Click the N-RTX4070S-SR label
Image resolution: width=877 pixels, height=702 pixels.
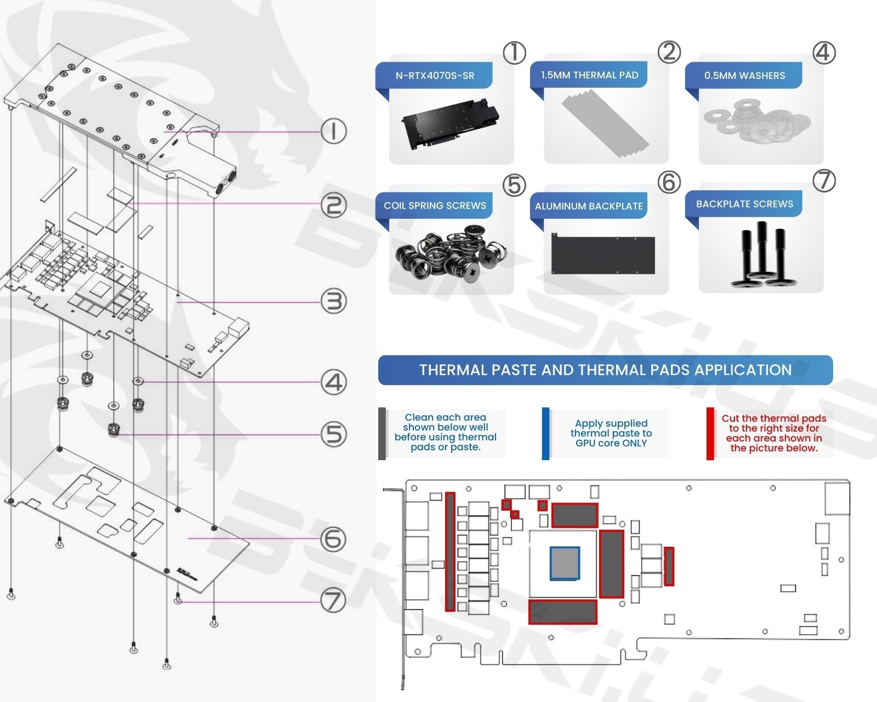435,76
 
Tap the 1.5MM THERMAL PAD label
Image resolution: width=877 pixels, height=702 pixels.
589,75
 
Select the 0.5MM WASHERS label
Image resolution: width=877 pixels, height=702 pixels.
744,76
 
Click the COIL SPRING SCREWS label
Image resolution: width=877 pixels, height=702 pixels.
435,206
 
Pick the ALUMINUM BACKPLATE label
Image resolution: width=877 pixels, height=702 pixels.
589,206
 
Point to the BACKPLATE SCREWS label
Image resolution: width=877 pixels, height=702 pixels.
744,204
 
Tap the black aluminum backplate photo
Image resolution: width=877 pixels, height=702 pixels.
603,254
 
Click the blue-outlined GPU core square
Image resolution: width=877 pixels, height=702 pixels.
565,563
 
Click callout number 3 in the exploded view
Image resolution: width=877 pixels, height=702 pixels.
334,302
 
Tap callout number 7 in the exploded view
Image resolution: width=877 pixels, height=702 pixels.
334,601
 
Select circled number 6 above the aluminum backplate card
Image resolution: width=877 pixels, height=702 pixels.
669,182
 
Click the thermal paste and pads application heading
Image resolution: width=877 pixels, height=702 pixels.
605,370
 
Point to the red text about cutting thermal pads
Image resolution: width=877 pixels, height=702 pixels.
773,433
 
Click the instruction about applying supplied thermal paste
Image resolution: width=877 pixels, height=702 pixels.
611,433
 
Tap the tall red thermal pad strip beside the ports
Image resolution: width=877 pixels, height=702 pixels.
450,552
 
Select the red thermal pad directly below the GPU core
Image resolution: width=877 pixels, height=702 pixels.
562,612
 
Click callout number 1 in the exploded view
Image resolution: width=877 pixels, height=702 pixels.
334,132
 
